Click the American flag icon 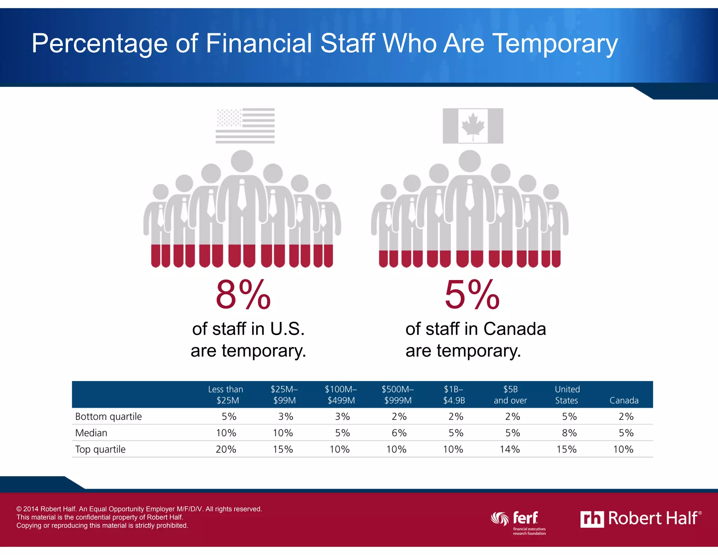click(x=245, y=126)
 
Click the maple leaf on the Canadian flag click(x=473, y=126)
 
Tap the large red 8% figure click(x=243, y=294)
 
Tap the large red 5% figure click(x=472, y=294)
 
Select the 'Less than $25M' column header click(x=226, y=395)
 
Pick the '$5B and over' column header click(x=510, y=395)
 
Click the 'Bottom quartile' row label click(x=108, y=416)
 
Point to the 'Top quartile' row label click(x=100, y=449)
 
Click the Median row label click(x=91, y=433)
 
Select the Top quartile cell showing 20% click(x=226, y=449)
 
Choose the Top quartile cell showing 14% click(x=510, y=449)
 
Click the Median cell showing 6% click(x=399, y=433)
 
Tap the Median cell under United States click(x=569, y=433)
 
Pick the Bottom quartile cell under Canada click(x=626, y=416)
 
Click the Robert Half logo click(x=641, y=519)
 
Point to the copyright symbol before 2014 click(x=19, y=509)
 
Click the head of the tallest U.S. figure click(x=242, y=161)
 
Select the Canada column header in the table click(x=624, y=400)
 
